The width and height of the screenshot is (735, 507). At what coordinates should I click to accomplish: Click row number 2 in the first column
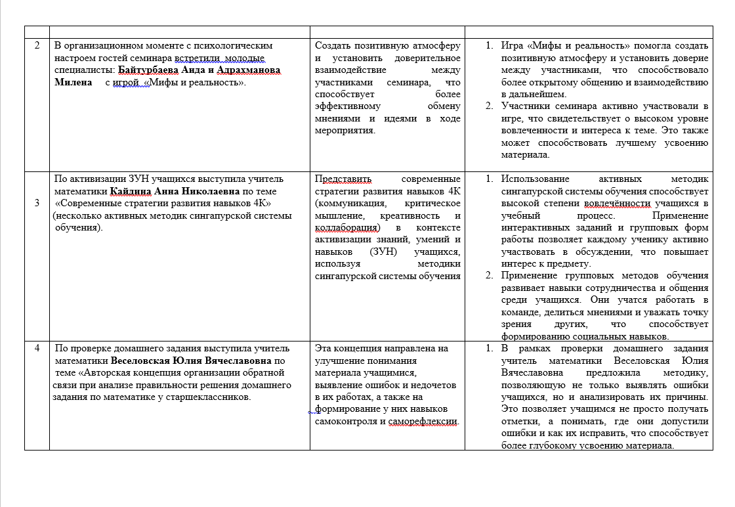(x=37, y=46)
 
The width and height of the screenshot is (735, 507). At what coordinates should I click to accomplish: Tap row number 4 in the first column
(x=37, y=348)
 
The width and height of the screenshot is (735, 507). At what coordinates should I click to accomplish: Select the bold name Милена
(x=73, y=83)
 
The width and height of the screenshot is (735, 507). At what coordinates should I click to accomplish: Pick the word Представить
(x=343, y=179)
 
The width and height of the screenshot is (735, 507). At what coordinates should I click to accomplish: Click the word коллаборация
(x=348, y=227)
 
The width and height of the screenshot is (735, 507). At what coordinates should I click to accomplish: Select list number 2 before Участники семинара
(x=489, y=106)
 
